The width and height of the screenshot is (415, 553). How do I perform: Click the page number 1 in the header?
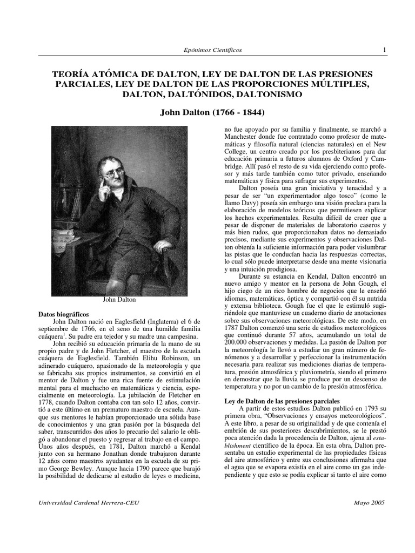[384, 50]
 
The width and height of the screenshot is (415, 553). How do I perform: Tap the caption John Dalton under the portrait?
[120, 300]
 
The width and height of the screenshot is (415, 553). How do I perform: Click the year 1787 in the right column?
[233, 327]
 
